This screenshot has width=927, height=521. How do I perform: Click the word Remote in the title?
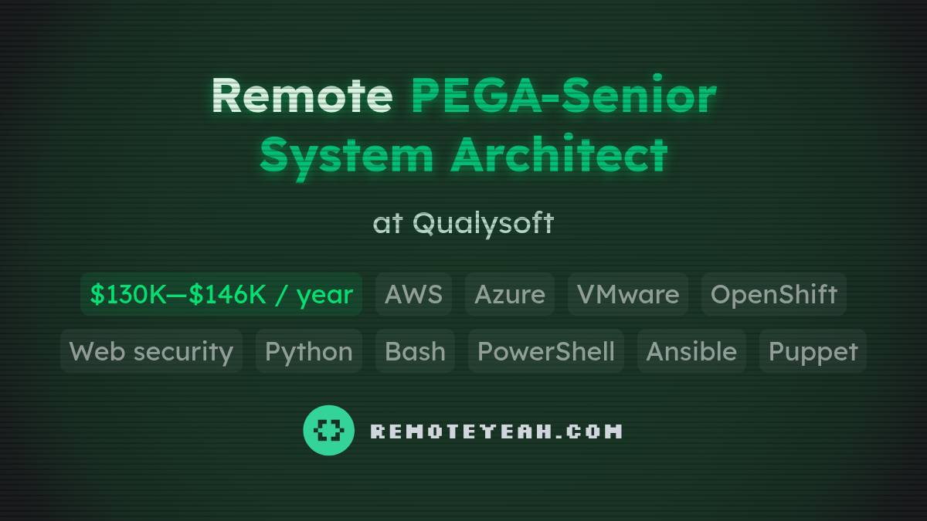[301, 96]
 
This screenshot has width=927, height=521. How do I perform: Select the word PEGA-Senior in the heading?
[563, 96]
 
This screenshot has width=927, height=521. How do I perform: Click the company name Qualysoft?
[483, 223]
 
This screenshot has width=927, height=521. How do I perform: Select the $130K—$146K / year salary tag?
[221, 294]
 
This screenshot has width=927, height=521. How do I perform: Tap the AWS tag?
[413, 294]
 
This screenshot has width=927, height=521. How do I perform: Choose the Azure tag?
[509, 294]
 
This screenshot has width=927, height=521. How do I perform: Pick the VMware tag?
[628, 294]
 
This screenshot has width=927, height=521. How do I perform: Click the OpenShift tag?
[773, 294]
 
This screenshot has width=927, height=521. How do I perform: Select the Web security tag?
[151, 351]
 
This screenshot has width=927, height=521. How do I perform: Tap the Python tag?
[308, 351]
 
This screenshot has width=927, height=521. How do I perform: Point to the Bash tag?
[415, 351]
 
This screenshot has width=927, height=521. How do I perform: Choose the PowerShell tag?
[545, 351]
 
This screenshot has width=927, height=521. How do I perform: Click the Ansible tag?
[691, 351]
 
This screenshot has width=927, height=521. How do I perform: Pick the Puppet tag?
[813, 351]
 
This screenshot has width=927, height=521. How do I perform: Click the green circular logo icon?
[328, 430]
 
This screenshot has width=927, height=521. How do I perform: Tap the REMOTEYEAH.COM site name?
[496, 431]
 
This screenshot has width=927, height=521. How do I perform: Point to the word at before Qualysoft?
[388, 224]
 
